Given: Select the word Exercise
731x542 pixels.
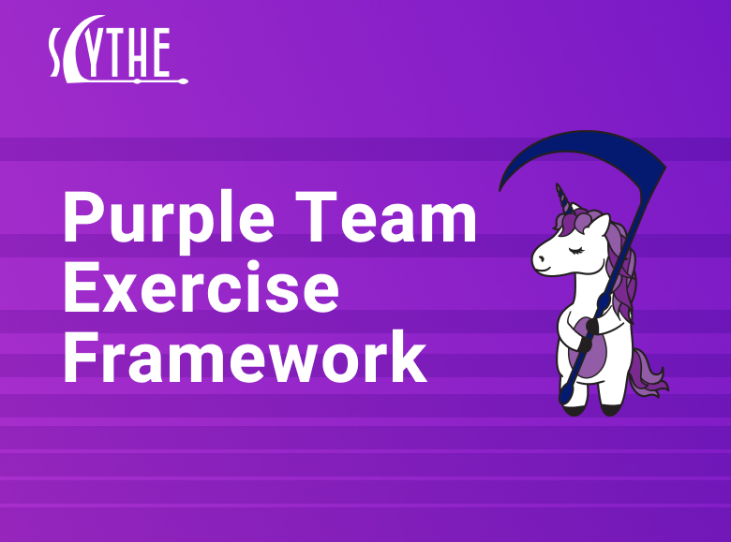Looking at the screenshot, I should click(201, 289).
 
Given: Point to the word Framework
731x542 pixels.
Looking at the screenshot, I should click(245, 359).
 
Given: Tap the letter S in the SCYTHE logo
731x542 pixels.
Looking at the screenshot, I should click(58, 52).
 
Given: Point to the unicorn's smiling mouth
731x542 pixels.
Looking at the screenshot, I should click(544, 270).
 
